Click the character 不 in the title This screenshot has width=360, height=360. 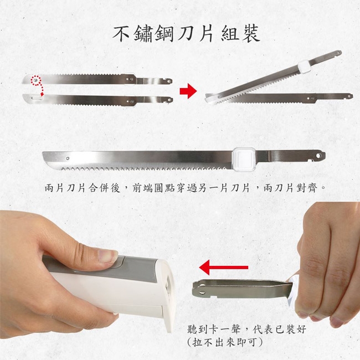pos(121,34)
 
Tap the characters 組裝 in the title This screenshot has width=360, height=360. pos(241,34)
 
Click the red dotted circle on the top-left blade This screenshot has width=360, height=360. pos(36,80)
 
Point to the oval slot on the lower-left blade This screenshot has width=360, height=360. pos(37,98)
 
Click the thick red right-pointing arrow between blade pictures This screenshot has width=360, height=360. pos(188,91)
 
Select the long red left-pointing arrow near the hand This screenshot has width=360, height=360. pos(224,268)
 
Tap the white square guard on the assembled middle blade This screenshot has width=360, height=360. pos(244,158)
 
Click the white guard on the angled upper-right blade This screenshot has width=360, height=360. pos(304,66)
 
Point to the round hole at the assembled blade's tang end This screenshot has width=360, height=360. pos(318,156)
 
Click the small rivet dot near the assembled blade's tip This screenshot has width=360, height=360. pos(68,158)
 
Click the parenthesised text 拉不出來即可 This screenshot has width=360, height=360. pos(224,343)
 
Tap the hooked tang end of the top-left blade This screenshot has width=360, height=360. pos(167,81)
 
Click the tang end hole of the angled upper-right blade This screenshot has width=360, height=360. pos(338,53)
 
